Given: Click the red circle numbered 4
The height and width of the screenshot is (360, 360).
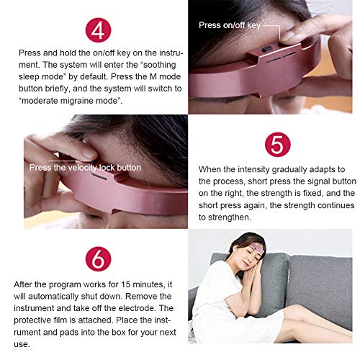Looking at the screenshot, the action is coord(98,30).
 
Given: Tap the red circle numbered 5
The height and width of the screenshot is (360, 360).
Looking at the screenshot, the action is coord(278,145).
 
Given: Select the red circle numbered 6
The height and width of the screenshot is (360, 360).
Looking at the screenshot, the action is coord(98,258).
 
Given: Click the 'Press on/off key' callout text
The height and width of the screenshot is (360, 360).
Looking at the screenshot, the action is coord(230,25).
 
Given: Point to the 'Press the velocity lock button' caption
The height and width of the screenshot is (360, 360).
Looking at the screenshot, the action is coord(85,168).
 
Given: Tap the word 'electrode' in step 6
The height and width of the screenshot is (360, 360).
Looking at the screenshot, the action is coord(136,308).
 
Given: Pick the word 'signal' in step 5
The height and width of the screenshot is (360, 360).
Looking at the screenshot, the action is coord(315,181).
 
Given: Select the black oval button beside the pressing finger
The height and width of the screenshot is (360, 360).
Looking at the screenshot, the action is coord(266,49).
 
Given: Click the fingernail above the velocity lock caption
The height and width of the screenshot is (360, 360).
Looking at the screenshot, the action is coord(89,153).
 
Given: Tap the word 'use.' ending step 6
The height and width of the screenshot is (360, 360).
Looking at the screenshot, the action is coord(22,345).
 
